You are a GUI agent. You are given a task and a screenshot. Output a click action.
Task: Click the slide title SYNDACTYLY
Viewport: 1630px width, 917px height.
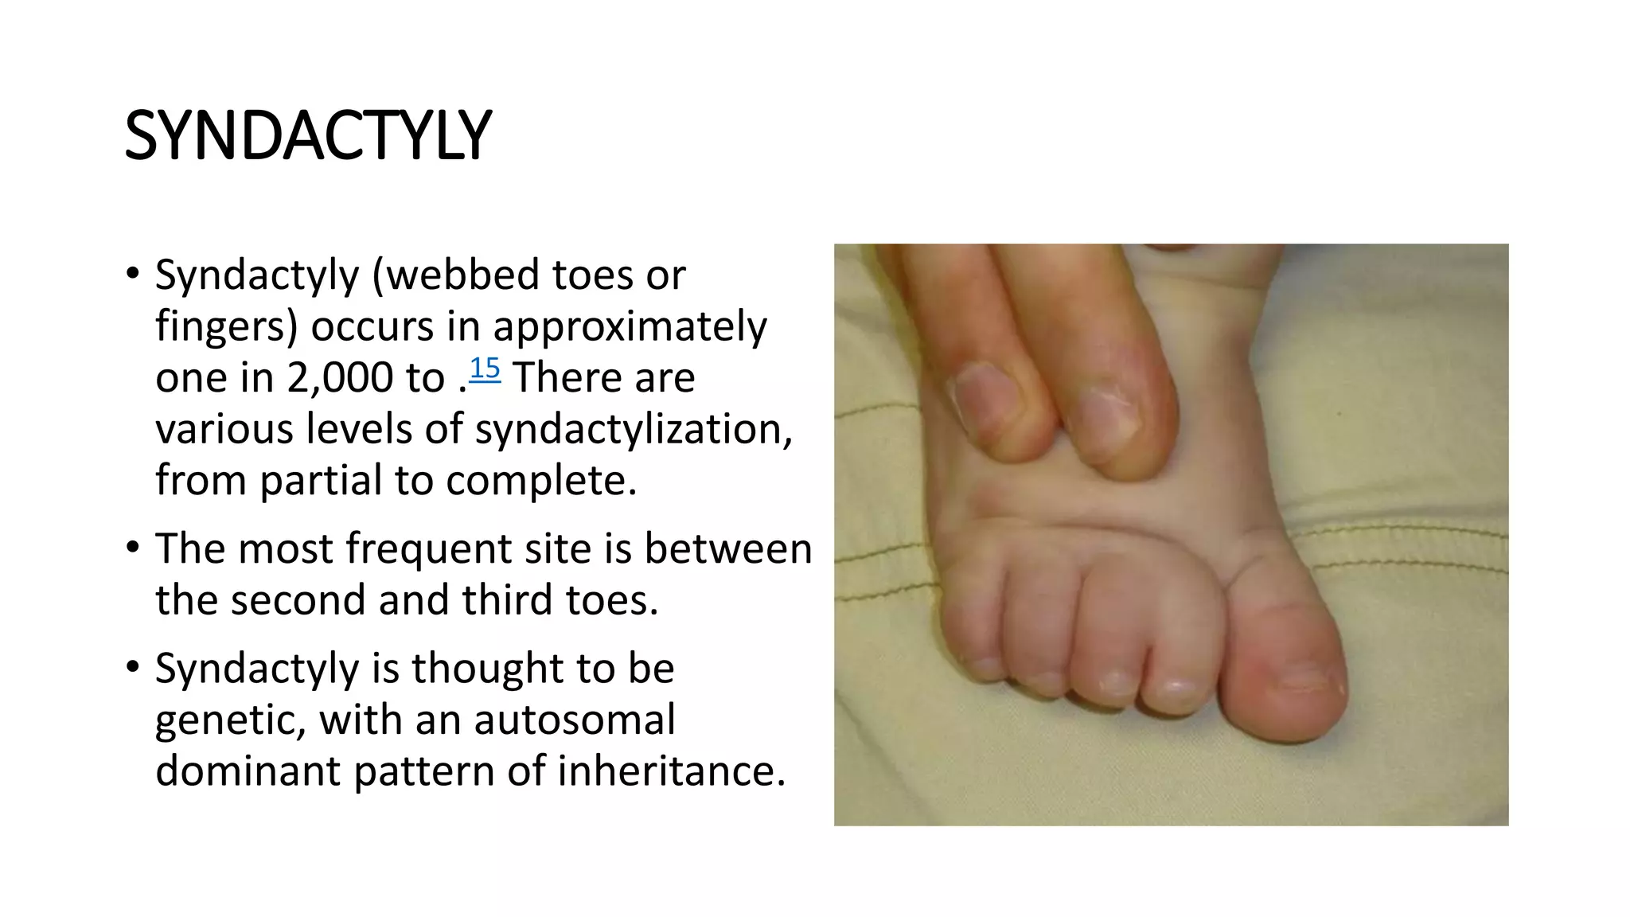(x=308, y=136)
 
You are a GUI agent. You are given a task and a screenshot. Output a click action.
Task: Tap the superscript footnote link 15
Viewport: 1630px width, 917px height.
(x=485, y=369)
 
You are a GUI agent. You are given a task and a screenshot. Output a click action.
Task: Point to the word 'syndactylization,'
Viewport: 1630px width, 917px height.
(x=634, y=429)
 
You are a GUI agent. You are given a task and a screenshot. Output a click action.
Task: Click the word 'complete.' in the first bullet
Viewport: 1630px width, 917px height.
(x=541, y=480)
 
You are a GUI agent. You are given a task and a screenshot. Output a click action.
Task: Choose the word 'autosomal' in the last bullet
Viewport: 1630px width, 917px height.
(x=575, y=720)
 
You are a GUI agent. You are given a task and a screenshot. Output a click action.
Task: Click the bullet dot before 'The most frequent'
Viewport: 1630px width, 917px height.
(x=133, y=548)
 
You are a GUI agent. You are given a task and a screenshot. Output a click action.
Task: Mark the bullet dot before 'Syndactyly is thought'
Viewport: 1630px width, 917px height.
(x=133, y=668)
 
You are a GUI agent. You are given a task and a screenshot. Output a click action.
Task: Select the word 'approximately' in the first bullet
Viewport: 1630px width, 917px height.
(x=630, y=326)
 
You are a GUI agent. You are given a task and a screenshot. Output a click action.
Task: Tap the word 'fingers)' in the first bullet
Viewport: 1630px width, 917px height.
(x=226, y=326)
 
